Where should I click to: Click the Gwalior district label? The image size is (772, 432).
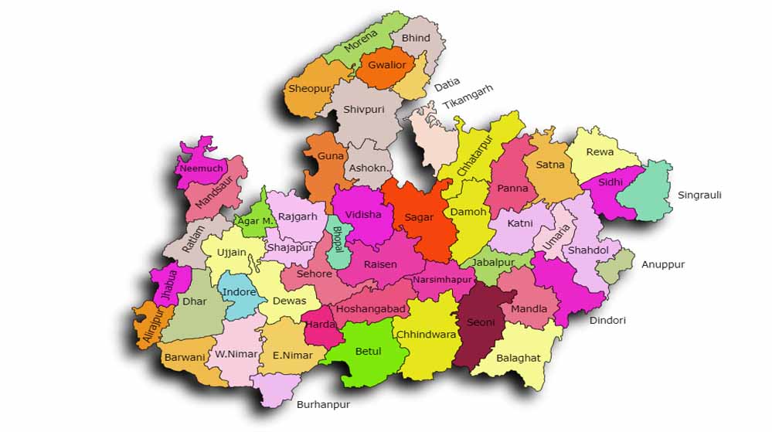pyautogui.click(x=387, y=65)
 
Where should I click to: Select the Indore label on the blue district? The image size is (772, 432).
pyautogui.click(x=239, y=293)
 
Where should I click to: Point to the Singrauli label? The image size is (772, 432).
pyautogui.click(x=699, y=195)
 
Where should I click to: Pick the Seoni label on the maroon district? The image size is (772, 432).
pyautogui.click(x=481, y=321)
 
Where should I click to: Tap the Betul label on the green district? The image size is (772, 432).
pyautogui.click(x=368, y=352)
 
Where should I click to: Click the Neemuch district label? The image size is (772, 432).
pyautogui.click(x=201, y=168)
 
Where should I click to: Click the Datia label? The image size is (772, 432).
pyautogui.click(x=447, y=82)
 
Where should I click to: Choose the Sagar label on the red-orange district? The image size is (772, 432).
pyautogui.click(x=420, y=217)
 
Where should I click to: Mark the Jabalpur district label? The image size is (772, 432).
pyautogui.click(x=493, y=262)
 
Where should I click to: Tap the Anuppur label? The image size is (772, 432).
pyautogui.click(x=663, y=264)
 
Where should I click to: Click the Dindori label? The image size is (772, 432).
pyautogui.click(x=607, y=320)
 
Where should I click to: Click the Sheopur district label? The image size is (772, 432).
pyautogui.click(x=309, y=89)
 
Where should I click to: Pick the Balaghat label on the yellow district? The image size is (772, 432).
pyautogui.click(x=518, y=358)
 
